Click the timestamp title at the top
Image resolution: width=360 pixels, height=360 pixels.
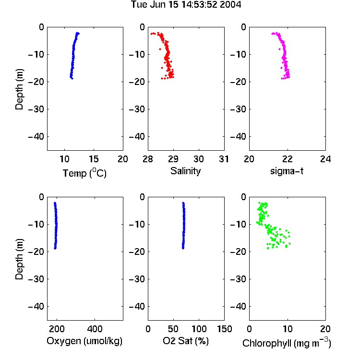[186, 5]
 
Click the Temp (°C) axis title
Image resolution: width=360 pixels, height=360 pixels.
[84, 173]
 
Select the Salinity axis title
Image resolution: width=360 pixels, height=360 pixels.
[185, 171]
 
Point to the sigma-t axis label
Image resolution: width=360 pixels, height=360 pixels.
[287, 171]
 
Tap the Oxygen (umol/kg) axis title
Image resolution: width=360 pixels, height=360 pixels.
[84, 341]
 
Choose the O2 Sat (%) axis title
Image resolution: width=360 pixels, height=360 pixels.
[186, 341]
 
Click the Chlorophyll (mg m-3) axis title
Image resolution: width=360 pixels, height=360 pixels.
[287, 343]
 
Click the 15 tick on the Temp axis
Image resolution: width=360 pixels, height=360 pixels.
[94, 159]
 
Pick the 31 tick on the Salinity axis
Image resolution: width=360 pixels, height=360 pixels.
[224, 159]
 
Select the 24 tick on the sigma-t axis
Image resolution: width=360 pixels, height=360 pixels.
[325, 159]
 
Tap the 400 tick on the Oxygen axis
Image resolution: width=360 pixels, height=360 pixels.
[95, 329]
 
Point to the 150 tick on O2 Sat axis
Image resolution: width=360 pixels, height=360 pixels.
[224, 329]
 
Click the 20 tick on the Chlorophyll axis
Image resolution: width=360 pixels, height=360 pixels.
[325, 329]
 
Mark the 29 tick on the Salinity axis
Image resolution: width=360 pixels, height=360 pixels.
[173, 159]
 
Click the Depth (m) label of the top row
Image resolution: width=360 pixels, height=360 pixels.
[19, 89]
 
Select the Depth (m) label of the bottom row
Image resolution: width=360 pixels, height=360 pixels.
[19, 259]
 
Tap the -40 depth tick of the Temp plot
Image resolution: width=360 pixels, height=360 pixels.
[36, 137]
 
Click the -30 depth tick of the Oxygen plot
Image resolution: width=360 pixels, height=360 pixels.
[36, 279]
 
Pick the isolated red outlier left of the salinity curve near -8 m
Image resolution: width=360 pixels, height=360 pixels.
[160, 49]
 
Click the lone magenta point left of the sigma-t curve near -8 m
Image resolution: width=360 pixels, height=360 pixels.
[279, 49]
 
